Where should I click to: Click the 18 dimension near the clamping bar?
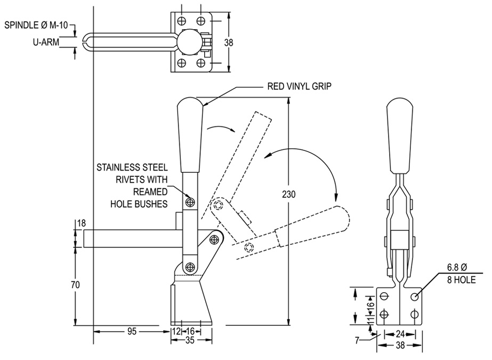81,223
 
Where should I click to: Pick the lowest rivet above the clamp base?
189,267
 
